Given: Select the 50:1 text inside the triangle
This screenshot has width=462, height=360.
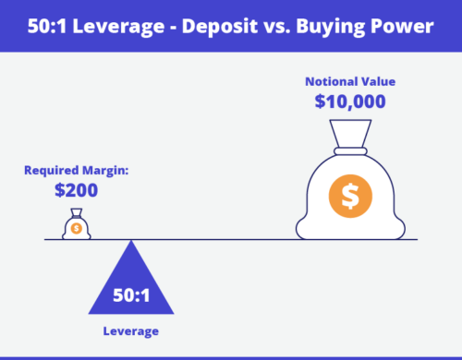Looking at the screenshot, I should [131, 296].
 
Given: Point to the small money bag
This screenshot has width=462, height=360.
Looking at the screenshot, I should [76, 225].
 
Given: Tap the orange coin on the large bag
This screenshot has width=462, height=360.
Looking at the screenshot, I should [349, 196].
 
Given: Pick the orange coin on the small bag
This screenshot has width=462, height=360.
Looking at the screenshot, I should [76, 228].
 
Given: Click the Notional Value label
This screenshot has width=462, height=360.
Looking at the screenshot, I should [349, 81].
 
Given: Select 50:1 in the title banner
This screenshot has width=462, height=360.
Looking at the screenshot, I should [55, 25].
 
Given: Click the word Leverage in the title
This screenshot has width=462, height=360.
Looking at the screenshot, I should [126, 25].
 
